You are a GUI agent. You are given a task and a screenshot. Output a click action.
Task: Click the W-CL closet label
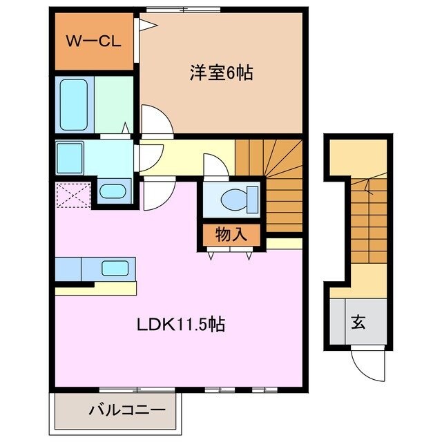click(94, 40)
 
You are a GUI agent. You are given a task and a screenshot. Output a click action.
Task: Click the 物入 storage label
click(231, 235)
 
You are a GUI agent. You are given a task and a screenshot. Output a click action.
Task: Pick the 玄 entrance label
click(359, 321)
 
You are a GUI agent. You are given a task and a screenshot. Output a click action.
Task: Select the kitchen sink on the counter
click(115, 267)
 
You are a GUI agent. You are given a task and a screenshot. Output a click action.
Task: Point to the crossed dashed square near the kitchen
click(74, 193)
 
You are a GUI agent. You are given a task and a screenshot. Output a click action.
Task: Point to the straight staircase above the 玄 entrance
click(369, 221)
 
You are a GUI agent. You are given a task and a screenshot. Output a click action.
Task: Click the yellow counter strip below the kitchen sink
click(97, 289)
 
